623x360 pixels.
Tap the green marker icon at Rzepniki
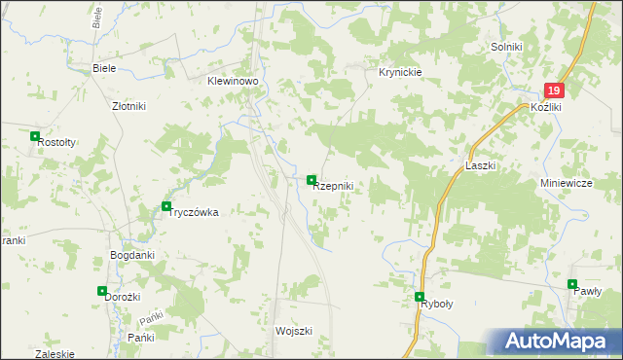(311, 180)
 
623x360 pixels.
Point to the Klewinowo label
(232, 83)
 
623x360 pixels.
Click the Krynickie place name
(399, 73)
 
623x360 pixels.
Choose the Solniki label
(507, 47)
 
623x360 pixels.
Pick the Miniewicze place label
(567, 183)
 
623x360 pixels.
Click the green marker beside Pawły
(572, 284)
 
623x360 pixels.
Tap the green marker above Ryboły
(420, 297)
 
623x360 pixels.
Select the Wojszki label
(293, 331)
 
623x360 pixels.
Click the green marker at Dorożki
(102, 290)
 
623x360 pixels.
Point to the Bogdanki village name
(132, 255)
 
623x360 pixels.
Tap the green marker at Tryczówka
(166, 205)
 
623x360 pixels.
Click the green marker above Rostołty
(35, 137)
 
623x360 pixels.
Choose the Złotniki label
(128, 107)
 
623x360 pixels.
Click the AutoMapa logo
(553, 342)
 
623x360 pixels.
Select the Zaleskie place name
(54, 354)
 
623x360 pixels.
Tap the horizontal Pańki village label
(141, 337)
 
